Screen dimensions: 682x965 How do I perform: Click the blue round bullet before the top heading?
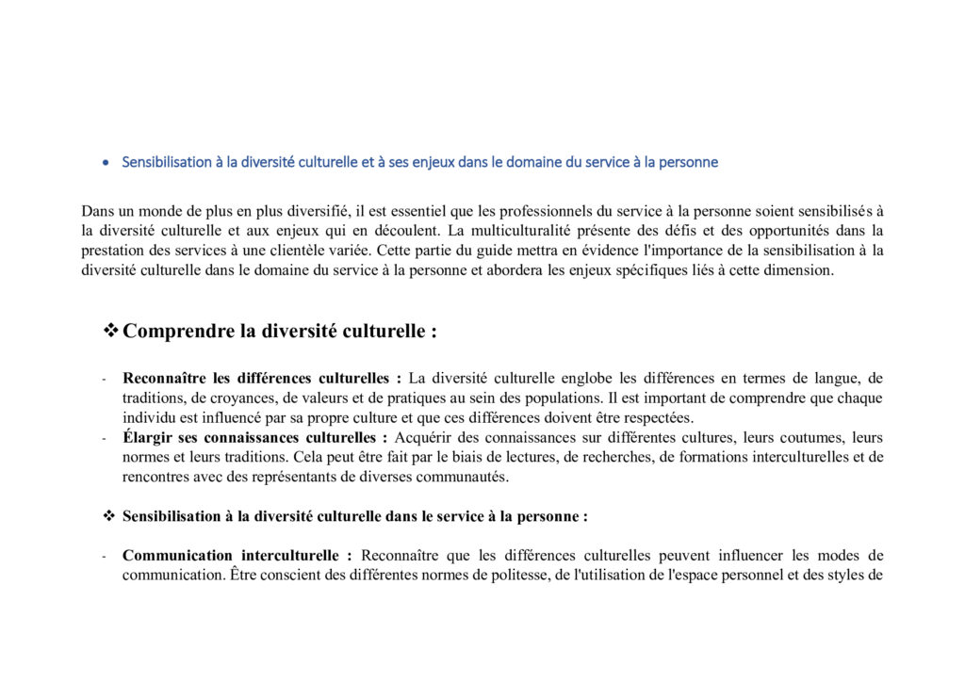[106, 163]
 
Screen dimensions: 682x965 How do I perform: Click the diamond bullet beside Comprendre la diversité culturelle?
[110, 331]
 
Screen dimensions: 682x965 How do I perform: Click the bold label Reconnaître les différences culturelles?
[261, 379]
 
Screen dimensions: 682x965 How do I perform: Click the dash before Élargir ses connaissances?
[104, 438]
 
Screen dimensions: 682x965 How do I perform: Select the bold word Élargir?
[148, 437]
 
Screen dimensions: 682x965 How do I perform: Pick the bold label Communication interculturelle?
[237, 555]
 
